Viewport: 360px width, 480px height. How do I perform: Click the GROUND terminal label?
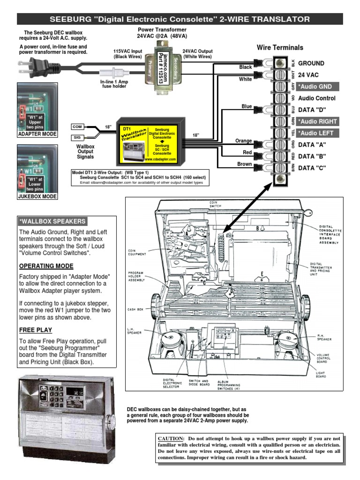[311, 63]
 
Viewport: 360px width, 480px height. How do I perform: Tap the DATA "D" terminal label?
[312, 110]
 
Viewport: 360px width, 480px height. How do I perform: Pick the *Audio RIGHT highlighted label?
[317, 121]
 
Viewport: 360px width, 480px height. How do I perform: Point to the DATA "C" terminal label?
[312, 168]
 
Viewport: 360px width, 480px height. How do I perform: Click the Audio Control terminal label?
[317, 98]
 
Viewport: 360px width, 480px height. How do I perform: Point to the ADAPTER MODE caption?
[37, 134]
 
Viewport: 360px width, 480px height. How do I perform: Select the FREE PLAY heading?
[36, 330]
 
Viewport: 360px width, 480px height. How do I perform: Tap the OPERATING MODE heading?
[45, 266]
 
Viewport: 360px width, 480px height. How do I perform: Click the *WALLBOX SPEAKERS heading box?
[52, 221]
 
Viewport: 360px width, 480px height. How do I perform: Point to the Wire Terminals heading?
[280, 47]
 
